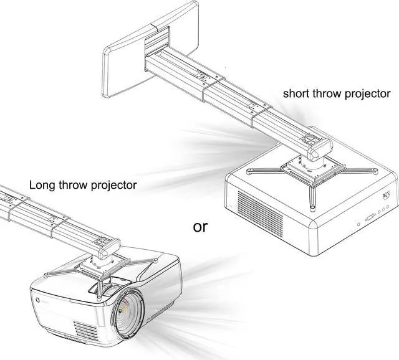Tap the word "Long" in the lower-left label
coord(42,185)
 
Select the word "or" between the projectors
coord(200,226)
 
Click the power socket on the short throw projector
coord(387,194)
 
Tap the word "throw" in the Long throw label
coord(74,185)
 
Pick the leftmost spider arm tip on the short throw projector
coord(249,169)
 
